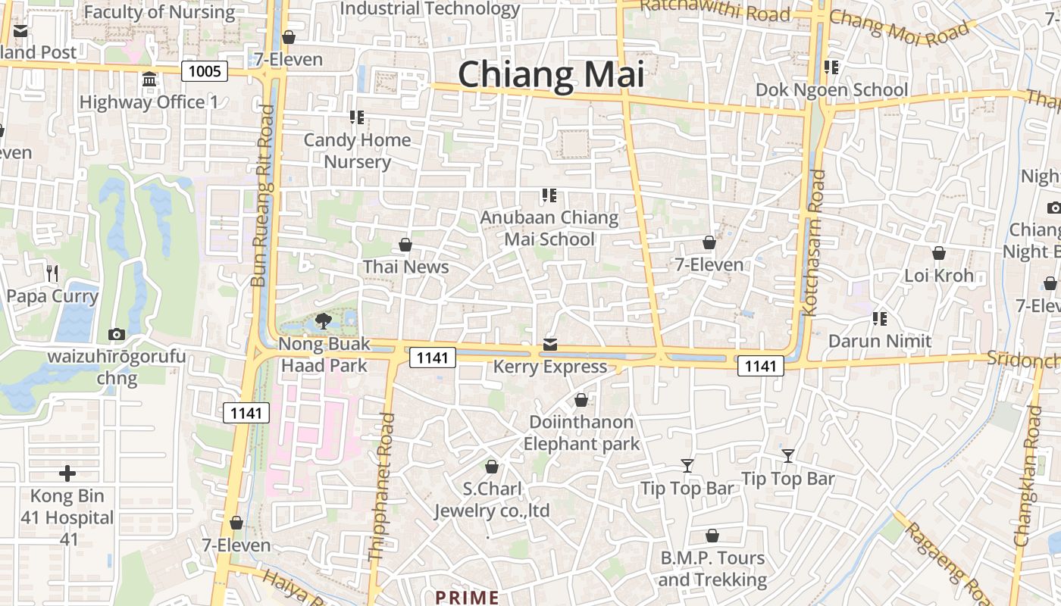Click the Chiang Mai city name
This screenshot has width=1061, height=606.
(x=551, y=74)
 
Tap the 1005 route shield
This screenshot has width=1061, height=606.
(x=205, y=72)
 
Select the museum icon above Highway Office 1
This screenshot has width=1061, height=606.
(x=149, y=80)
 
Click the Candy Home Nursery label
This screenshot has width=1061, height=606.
(x=357, y=151)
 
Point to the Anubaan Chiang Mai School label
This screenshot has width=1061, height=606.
(x=549, y=228)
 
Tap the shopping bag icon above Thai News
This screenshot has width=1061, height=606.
(x=405, y=245)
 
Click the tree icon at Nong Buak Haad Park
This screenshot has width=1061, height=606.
(x=324, y=321)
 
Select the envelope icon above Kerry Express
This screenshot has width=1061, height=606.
(x=550, y=345)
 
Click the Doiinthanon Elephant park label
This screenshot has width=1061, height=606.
(x=581, y=433)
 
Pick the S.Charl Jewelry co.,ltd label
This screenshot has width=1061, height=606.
(x=491, y=499)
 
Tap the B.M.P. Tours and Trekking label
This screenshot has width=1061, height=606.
(x=712, y=569)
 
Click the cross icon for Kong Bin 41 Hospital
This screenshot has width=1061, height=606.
(x=67, y=474)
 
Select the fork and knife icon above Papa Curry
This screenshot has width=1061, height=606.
(x=52, y=273)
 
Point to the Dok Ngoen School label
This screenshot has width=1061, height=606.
(x=831, y=90)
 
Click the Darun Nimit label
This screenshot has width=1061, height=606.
(x=879, y=341)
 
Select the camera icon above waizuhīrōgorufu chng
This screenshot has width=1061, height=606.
(x=116, y=334)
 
